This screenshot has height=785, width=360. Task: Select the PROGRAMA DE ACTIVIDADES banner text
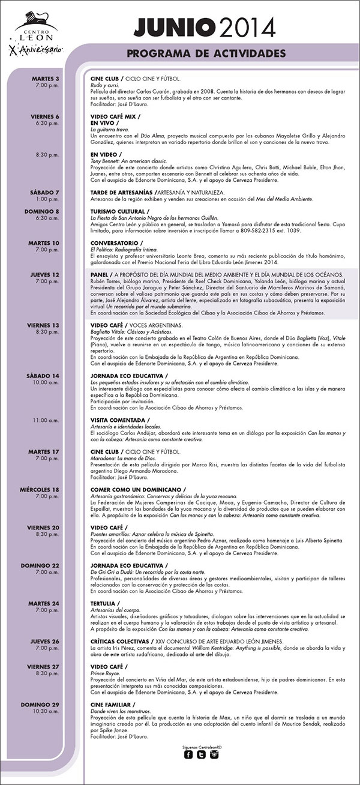click(205, 54)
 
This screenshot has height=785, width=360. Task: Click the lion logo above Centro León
click(31, 19)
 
